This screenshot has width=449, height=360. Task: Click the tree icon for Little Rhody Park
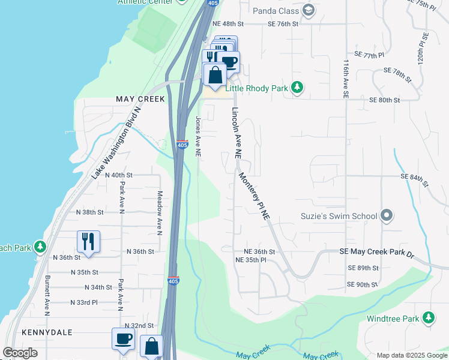(297, 88)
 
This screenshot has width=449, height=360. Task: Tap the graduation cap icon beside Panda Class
(309, 10)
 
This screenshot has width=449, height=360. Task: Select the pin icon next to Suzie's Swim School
(387, 215)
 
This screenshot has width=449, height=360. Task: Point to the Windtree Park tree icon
(428, 318)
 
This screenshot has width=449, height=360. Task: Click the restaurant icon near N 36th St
(88, 241)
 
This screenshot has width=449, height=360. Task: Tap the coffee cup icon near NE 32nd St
(124, 338)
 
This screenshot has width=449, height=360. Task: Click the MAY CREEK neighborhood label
(140, 99)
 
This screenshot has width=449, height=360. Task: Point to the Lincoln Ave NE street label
(237, 133)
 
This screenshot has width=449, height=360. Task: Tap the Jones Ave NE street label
(197, 137)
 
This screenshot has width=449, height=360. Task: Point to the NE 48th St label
(231, 24)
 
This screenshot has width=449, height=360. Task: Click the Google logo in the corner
(20, 353)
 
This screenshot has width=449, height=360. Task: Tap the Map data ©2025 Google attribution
(412, 355)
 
